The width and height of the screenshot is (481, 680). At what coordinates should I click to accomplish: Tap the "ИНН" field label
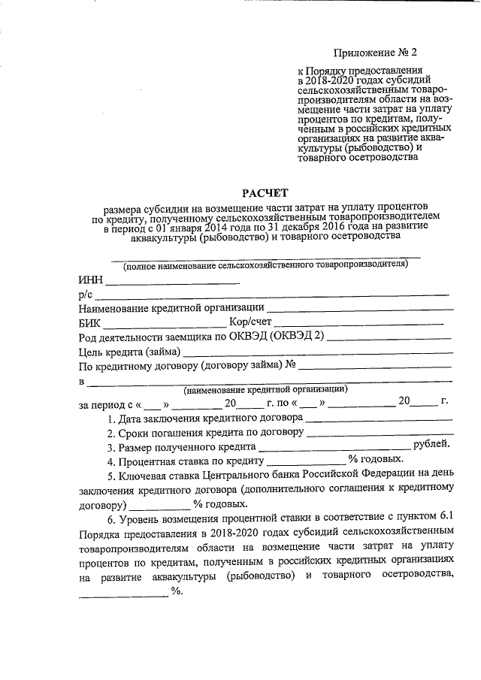click(89, 280)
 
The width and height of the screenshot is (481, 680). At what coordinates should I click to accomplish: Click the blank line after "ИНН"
click(171, 282)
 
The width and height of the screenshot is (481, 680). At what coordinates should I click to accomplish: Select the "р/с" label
click(84, 294)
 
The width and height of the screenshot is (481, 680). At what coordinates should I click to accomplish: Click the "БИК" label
click(89, 322)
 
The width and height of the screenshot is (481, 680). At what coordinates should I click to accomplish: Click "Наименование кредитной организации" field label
click(171, 307)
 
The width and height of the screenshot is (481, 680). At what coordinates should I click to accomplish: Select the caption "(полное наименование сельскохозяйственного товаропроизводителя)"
click(266, 265)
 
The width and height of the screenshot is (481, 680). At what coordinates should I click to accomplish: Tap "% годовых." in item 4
click(376, 459)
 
